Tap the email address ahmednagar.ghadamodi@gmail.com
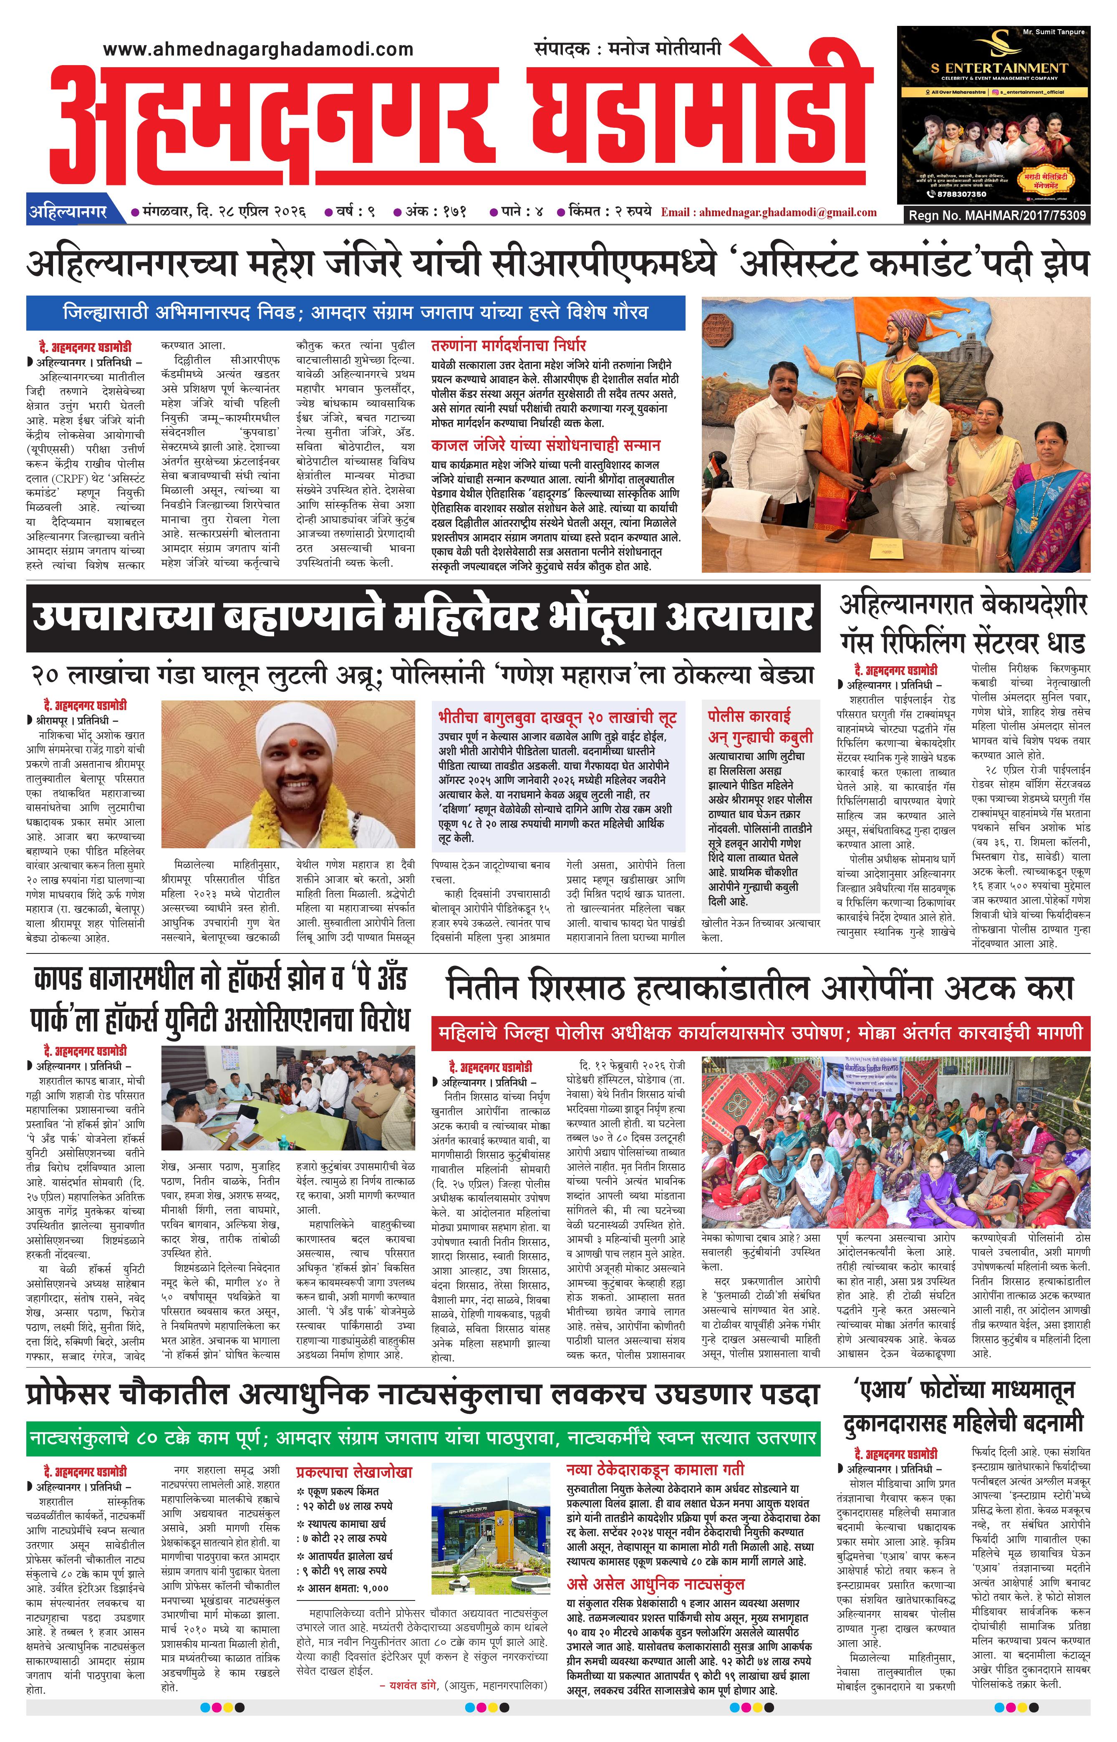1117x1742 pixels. pyautogui.click(x=769, y=212)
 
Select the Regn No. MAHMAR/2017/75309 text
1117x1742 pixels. pyautogui.click(x=997, y=215)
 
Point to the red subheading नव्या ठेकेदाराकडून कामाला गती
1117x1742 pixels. pyautogui.click(x=655, y=1469)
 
